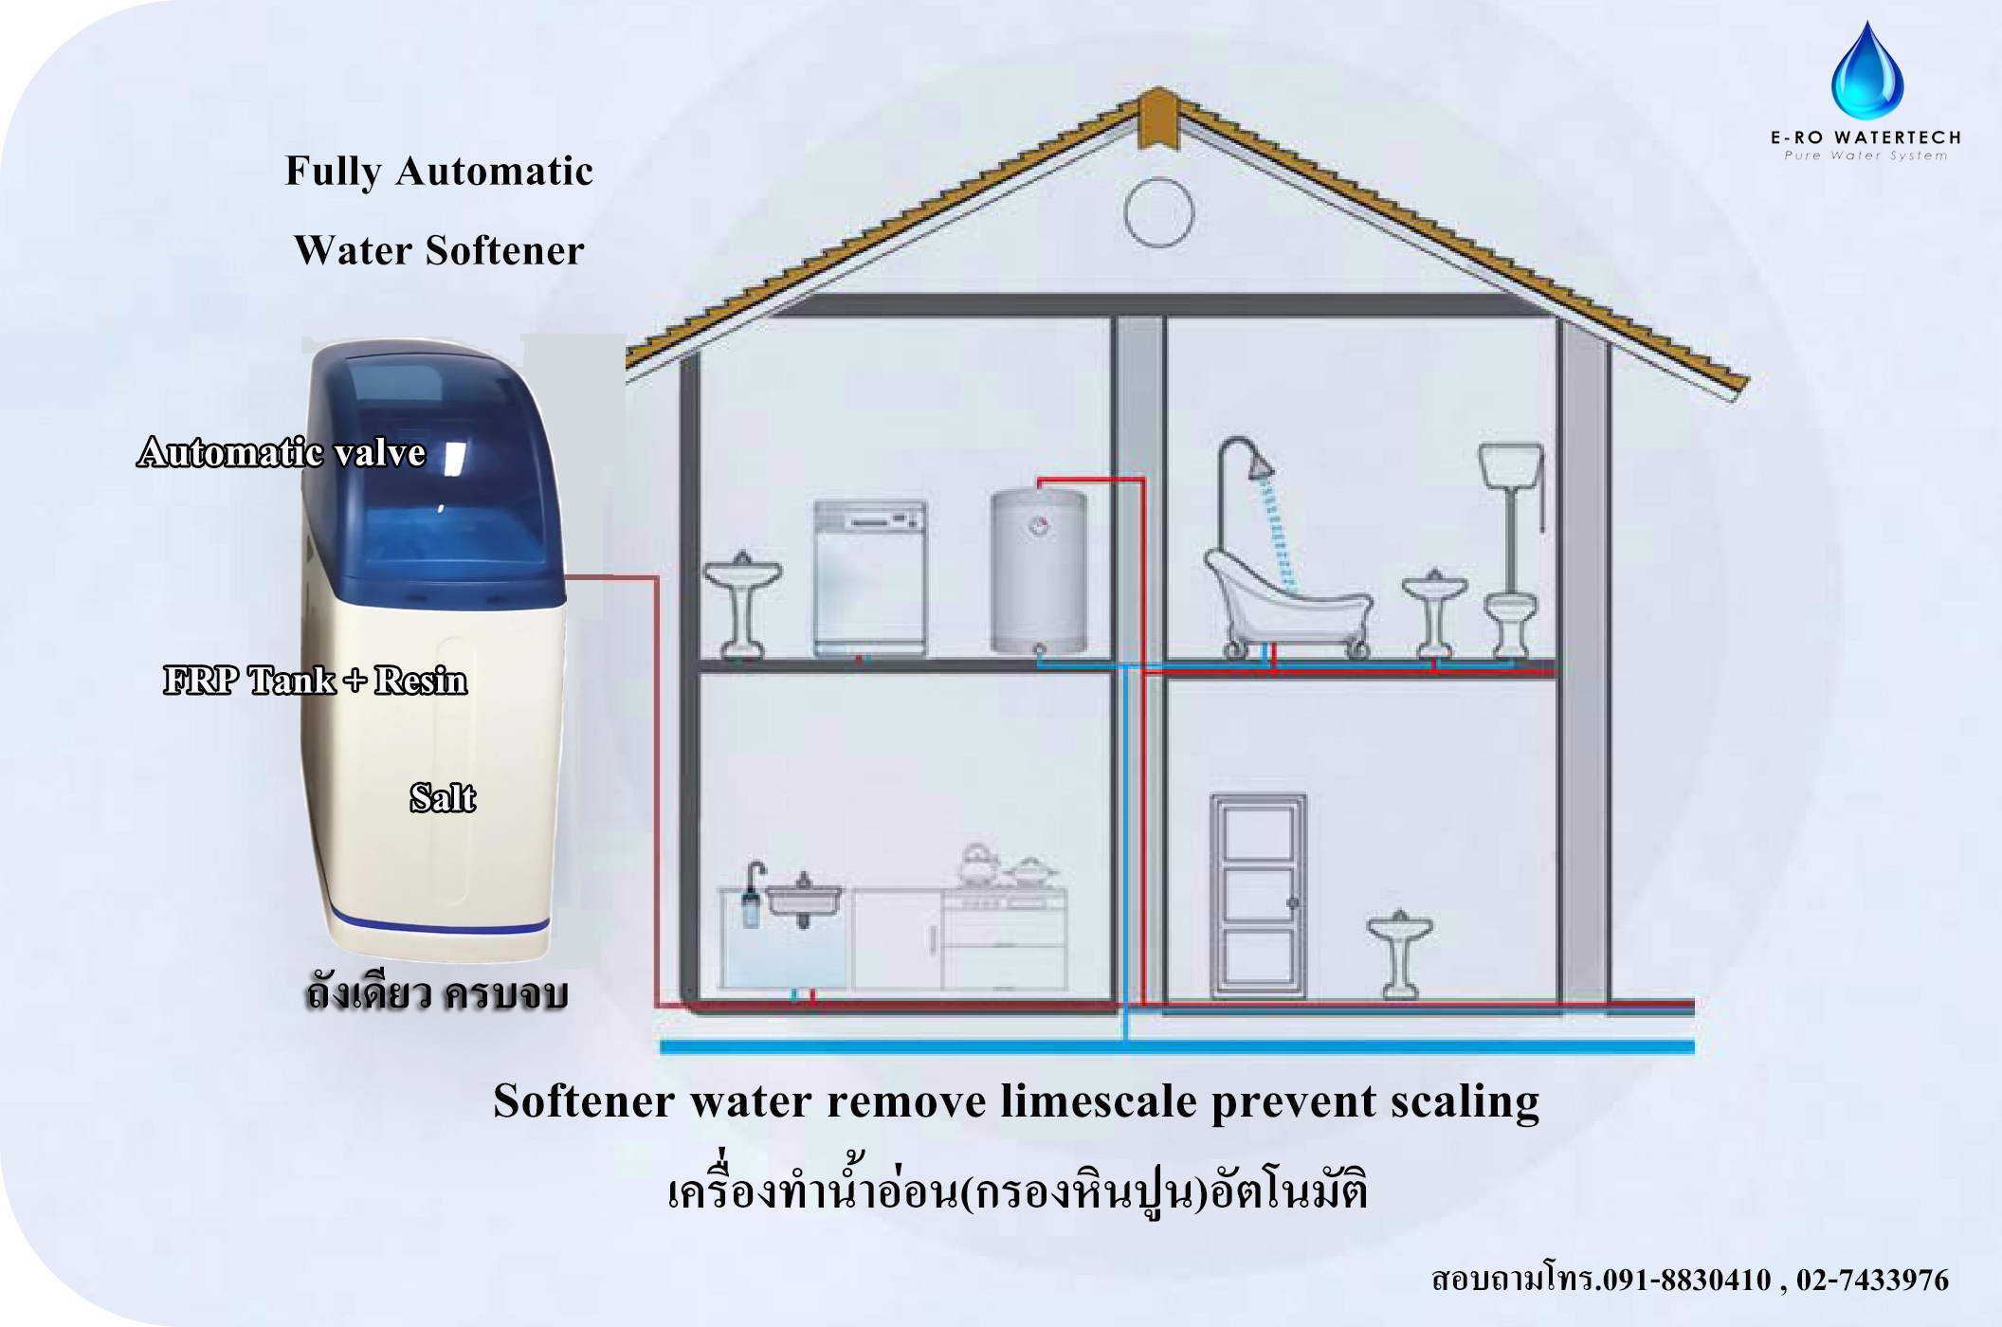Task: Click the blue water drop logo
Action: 1866,73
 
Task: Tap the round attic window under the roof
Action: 1158,212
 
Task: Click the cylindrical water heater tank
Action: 1039,571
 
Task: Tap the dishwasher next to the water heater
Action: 869,578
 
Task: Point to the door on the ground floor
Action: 1258,895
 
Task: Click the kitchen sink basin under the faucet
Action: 803,899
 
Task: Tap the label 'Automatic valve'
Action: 282,452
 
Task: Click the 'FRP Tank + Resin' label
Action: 315,681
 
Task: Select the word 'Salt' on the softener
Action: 442,798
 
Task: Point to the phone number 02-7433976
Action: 1871,1280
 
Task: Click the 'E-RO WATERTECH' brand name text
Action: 1865,137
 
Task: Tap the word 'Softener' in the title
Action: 504,250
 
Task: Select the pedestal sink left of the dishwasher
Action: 742,603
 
